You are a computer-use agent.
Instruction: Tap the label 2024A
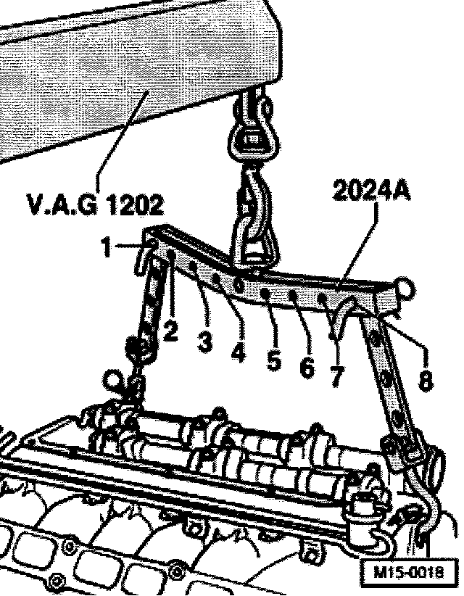372,191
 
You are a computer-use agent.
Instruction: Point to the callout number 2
170,332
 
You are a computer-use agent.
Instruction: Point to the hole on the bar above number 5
267,292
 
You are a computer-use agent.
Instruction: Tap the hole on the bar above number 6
293,294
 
